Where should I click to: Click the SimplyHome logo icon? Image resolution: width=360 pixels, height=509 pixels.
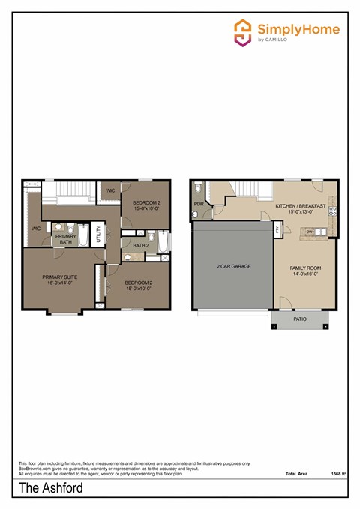click(x=243, y=33)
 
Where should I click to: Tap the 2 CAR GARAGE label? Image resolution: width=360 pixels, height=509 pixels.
click(x=233, y=266)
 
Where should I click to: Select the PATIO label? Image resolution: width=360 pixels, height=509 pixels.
click(x=300, y=319)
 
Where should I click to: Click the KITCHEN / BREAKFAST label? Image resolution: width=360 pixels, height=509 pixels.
click(x=300, y=205)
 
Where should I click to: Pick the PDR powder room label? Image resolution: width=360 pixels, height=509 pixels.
click(x=199, y=203)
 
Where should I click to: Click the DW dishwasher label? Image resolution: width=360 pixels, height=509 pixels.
click(x=310, y=232)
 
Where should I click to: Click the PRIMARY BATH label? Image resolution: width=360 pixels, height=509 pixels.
click(x=66, y=239)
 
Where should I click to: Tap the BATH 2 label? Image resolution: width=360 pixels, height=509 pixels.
click(x=141, y=245)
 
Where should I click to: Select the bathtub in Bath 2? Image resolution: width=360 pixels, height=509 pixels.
click(x=163, y=245)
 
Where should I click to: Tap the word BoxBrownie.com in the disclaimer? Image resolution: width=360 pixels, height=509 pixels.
click(x=32, y=469)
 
